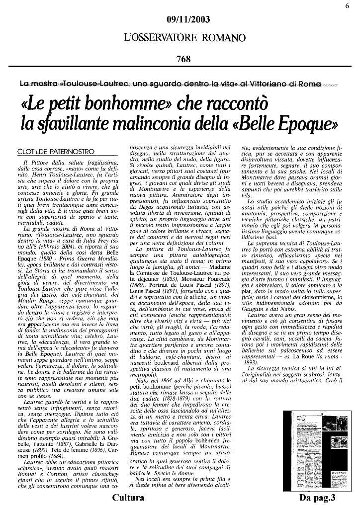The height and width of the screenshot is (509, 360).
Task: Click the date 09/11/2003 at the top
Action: tap(188, 20)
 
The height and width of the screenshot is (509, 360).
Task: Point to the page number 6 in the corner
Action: tap(346, 5)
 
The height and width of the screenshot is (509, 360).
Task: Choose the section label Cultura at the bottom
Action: tap(128, 498)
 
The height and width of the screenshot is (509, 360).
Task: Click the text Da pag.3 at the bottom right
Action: tap(318, 498)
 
